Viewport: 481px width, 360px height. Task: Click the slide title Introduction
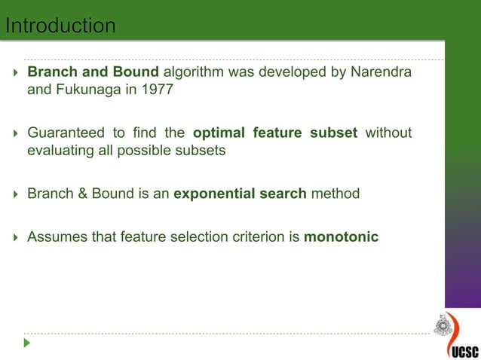pos(60,26)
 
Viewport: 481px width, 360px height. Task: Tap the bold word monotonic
pos(341,237)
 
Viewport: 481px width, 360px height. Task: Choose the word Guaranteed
pos(66,133)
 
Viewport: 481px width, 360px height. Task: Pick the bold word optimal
pos(219,133)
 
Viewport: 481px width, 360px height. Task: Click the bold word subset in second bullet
pos(332,133)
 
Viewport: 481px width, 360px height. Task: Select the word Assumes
pos(55,237)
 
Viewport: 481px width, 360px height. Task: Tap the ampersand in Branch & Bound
pos(81,194)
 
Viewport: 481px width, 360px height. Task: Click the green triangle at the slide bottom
pos(27,343)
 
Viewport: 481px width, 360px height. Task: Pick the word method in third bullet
pos(335,194)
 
